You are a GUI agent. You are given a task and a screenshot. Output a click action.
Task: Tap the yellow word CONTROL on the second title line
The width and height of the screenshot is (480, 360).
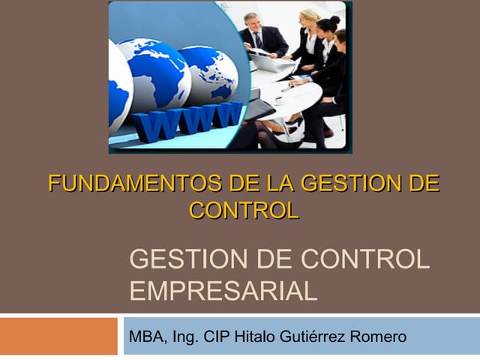[x=244, y=210]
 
